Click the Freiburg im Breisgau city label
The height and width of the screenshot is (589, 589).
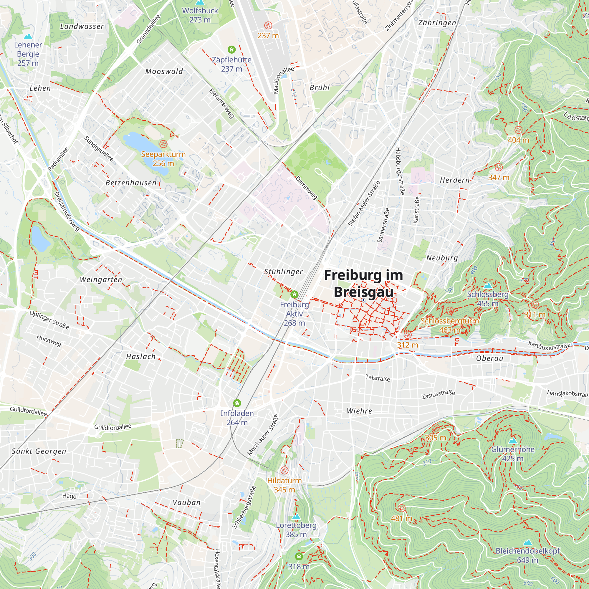[x=363, y=284]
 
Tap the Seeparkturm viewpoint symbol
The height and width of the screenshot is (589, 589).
[x=163, y=144]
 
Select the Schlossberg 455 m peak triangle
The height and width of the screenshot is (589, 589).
[x=488, y=286]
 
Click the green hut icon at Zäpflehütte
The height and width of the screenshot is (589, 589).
[x=232, y=49]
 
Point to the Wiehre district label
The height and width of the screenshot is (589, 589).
[x=359, y=411]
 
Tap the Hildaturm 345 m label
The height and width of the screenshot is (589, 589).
[x=284, y=485]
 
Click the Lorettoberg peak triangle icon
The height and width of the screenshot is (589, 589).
[x=296, y=517]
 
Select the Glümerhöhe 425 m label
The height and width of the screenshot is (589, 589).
[x=513, y=454]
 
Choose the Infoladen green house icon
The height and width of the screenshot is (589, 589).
[x=237, y=403]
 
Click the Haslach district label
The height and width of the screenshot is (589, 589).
[x=141, y=356]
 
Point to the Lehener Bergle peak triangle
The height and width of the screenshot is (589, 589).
[x=28, y=36]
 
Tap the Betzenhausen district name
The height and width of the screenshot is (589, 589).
[x=131, y=183]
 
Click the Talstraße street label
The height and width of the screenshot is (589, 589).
[x=378, y=378]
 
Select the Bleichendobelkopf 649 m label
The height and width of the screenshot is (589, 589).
[x=528, y=555]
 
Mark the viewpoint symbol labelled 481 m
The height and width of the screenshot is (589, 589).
[x=401, y=508]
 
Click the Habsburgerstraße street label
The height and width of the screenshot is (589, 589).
[x=400, y=171]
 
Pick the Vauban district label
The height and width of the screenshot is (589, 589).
[x=187, y=502]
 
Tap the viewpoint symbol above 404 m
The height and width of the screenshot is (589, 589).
[x=518, y=130]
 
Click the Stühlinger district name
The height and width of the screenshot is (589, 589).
[x=284, y=272]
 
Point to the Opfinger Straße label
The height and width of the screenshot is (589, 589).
[x=49, y=320]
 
